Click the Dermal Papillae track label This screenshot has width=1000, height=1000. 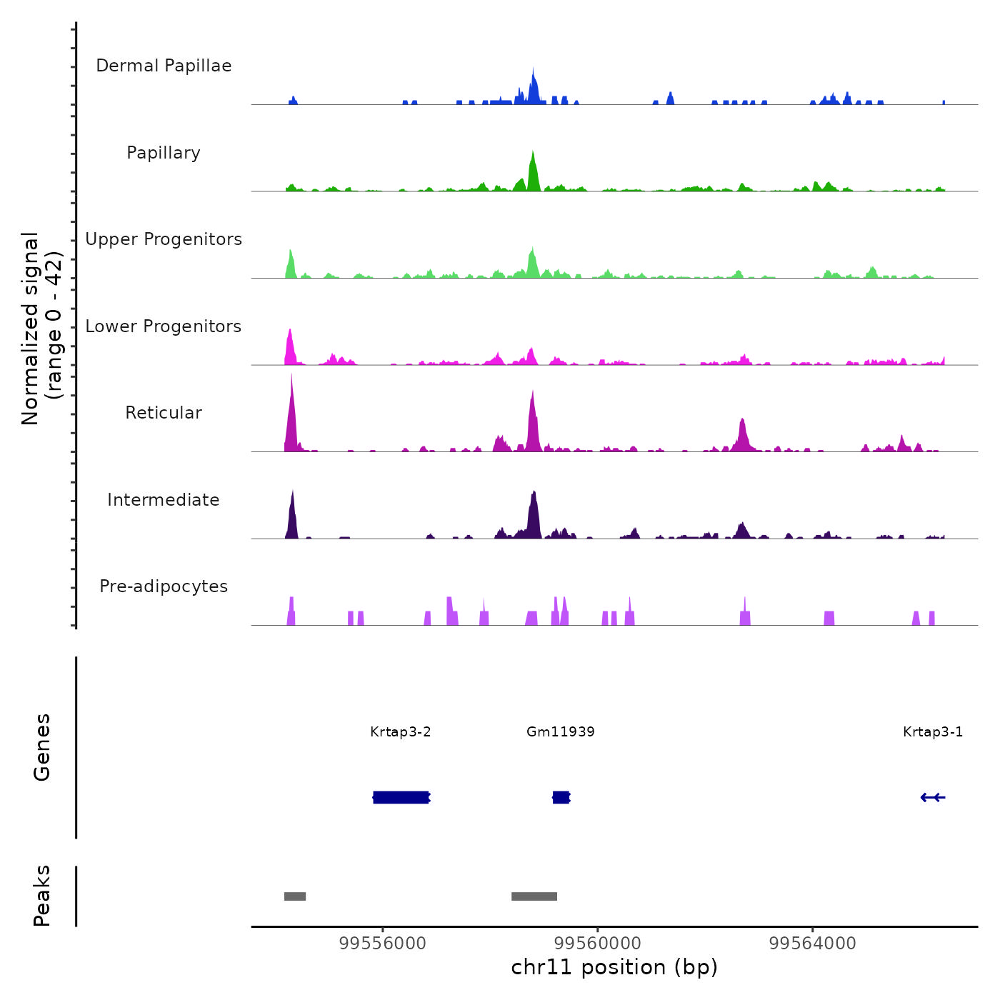tap(164, 66)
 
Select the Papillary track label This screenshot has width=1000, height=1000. tap(164, 153)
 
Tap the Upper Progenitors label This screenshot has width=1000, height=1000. tap(164, 239)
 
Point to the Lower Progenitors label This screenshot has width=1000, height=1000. tap(164, 326)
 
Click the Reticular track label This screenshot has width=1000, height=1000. tap(164, 413)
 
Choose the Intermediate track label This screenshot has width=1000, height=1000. tap(164, 500)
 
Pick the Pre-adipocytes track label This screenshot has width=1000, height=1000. tap(164, 586)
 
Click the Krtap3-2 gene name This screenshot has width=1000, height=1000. tap(401, 731)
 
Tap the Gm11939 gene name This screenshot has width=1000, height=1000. tap(561, 731)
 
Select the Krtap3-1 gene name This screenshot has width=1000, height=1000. tap(933, 731)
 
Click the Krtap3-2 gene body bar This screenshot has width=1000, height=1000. tap(401, 797)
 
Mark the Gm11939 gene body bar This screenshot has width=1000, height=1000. tap(561, 797)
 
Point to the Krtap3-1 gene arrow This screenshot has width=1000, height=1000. tap(933, 797)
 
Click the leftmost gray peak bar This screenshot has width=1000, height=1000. tap(295, 896)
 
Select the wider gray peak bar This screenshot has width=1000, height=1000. tap(534, 896)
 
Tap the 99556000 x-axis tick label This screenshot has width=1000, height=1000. tap(383, 944)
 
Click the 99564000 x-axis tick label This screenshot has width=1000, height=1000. tap(813, 944)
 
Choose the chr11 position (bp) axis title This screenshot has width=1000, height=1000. tap(614, 967)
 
